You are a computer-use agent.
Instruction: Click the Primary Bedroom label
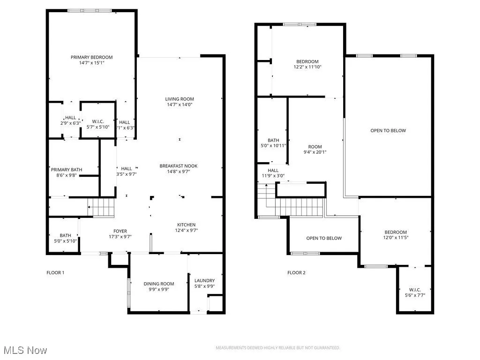[92, 57]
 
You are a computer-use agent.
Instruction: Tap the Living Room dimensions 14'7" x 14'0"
[179, 105]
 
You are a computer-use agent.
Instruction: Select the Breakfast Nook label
[179, 166]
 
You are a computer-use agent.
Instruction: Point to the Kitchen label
[186, 225]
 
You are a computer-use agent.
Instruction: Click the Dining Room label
[159, 284]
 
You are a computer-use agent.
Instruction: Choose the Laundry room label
[204, 281]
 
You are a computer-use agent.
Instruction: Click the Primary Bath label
[67, 170]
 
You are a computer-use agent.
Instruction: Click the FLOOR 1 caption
[55, 272]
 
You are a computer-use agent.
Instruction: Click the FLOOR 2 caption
[296, 272]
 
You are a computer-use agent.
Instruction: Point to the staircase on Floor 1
[101, 207]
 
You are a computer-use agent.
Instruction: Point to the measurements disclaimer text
[277, 348]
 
